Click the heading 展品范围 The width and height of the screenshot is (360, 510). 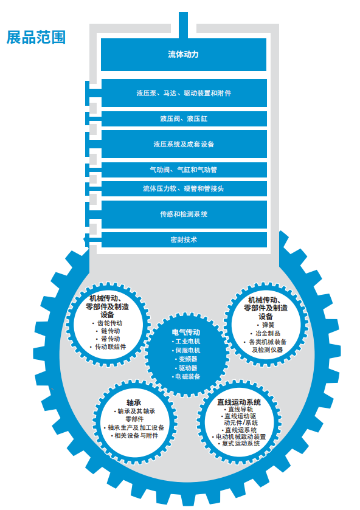(36, 37)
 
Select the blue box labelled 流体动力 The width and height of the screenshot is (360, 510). (184, 54)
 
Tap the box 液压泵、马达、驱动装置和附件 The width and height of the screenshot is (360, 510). (184, 93)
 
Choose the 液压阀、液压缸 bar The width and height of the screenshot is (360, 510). (184, 119)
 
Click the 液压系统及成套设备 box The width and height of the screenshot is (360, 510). (184, 144)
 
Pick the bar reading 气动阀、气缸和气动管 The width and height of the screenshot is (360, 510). (184, 170)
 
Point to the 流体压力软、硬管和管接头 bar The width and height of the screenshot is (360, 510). (184, 188)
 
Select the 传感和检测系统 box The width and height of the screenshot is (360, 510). (184, 214)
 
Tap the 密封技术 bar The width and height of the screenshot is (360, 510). (184, 239)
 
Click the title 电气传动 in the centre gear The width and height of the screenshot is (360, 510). (186, 332)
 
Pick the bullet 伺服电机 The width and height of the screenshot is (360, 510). (186, 350)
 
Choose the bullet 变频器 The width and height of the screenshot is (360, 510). (186, 359)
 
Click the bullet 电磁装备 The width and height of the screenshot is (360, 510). (186, 377)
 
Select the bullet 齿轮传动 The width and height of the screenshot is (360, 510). (108, 323)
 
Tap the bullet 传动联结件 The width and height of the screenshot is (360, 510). (108, 346)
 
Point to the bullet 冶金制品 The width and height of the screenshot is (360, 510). (265, 333)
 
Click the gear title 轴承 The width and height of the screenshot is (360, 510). (134, 402)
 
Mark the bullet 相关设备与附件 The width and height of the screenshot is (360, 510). (134, 435)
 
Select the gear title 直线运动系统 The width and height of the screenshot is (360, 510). (239, 402)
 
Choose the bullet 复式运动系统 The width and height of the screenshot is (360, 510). (239, 444)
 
